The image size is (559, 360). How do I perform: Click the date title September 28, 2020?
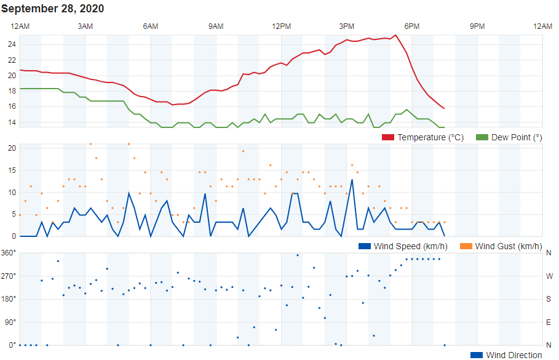[x=52, y=9]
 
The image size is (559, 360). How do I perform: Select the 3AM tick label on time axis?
[x=85, y=26]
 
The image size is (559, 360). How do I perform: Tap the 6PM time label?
[x=412, y=26]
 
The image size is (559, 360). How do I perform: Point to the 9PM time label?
[x=477, y=26]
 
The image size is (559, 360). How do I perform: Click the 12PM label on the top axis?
[x=282, y=26]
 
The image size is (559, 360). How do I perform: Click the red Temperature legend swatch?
[x=388, y=137]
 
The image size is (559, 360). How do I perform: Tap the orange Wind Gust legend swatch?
[x=465, y=246]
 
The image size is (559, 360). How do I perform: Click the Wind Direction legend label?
[x=514, y=355]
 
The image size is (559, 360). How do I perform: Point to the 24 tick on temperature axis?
[x=12, y=44]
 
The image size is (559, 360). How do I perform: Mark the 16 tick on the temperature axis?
[x=12, y=107]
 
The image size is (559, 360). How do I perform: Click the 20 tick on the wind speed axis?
[x=12, y=148]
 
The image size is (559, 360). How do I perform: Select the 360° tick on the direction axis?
[x=9, y=253]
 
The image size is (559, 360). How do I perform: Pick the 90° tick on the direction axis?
[x=10, y=322]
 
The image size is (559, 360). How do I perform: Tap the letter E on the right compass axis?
[x=549, y=322]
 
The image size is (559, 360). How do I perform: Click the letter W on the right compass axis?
[x=549, y=276]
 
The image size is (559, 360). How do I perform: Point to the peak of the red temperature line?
[x=395, y=35]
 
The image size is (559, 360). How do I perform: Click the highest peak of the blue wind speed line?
[x=352, y=180]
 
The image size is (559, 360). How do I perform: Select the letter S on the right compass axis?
[x=549, y=299]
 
